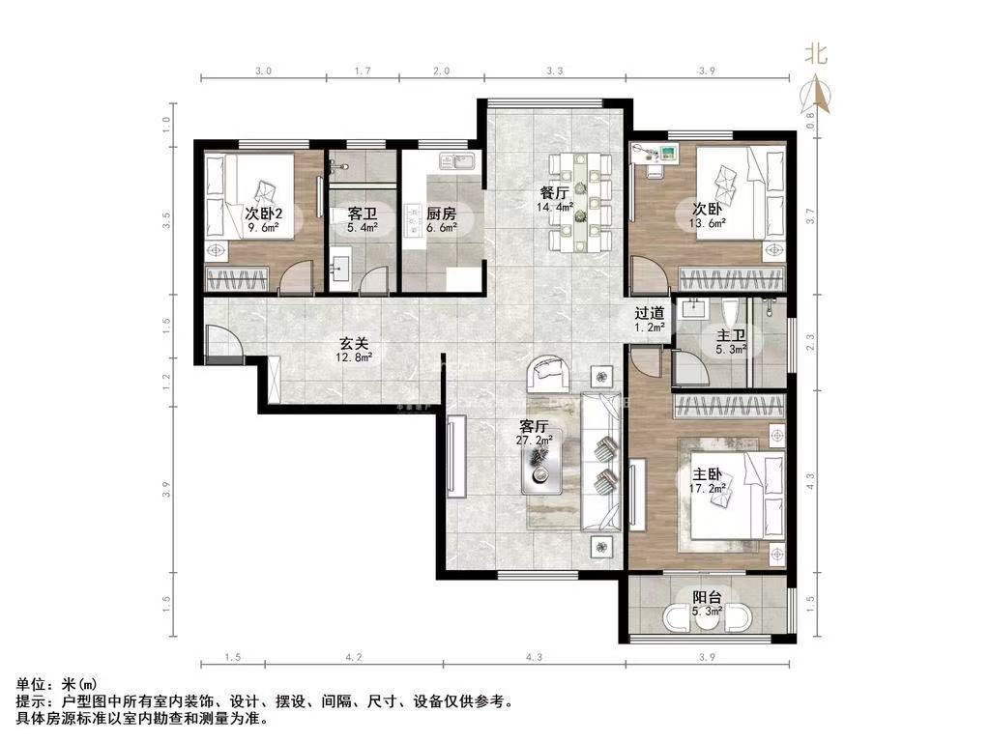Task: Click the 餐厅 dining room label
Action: tap(554, 192)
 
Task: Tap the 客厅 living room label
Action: tap(534, 426)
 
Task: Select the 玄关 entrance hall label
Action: tap(354, 344)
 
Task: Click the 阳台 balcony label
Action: tap(707, 597)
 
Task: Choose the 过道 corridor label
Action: tap(650, 313)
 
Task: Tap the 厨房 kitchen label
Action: tap(441, 214)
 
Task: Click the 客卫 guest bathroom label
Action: tap(363, 214)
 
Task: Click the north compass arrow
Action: tap(816, 95)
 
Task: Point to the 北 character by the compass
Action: tap(815, 54)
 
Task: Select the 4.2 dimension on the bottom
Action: tap(354, 657)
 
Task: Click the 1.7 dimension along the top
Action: tap(364, 71)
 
